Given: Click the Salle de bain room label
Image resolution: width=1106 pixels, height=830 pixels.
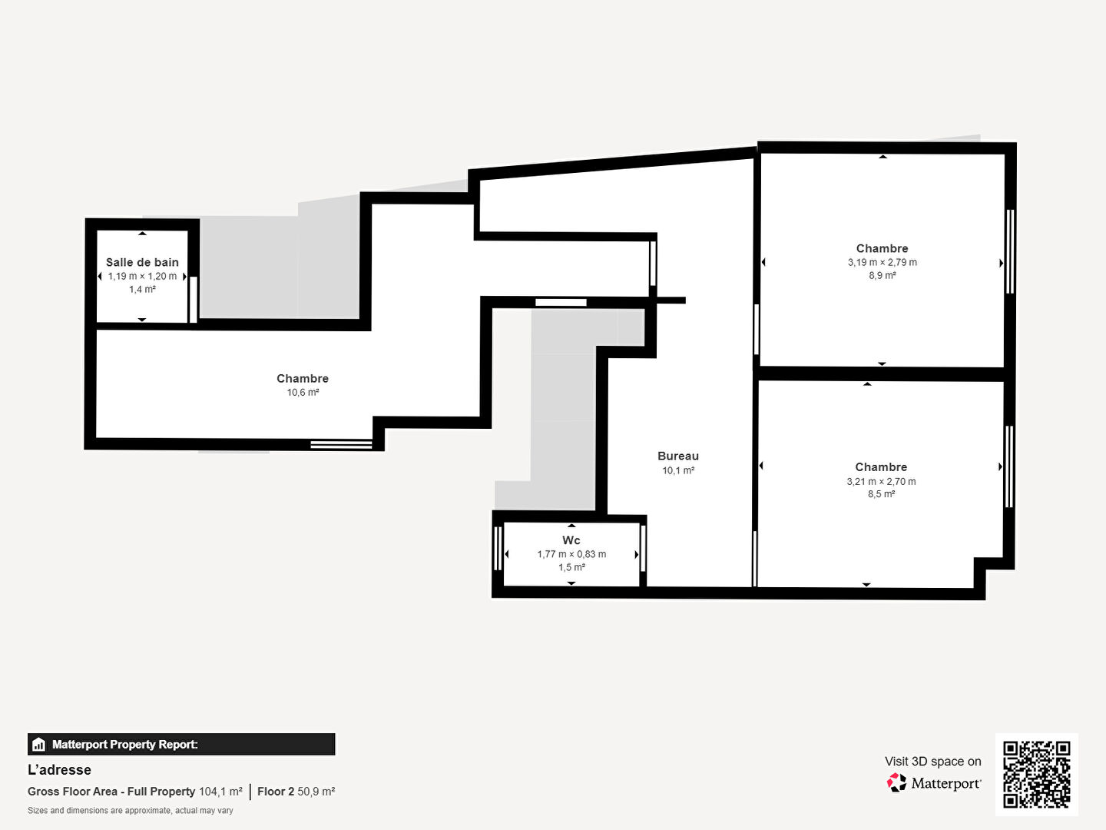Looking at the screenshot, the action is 142,262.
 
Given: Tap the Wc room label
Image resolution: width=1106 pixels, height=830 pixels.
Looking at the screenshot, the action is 571,540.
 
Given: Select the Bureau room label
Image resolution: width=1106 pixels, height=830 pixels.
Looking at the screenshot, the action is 678,456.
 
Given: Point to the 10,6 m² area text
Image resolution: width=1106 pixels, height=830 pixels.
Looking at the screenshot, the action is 303,393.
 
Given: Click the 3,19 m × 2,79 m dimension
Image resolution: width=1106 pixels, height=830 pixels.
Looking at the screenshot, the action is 882,263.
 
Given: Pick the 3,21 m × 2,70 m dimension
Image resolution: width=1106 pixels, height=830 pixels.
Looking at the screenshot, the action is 881,481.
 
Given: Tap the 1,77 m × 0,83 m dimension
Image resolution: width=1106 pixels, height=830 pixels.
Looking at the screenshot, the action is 571,554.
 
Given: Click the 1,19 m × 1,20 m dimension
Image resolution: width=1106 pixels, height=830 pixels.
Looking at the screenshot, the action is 142,276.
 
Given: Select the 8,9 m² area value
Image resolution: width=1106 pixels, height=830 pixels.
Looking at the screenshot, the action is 882,276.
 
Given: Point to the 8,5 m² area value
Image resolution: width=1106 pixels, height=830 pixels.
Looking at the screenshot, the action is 881,494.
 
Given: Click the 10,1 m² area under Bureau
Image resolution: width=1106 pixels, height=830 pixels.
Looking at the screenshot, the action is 678,470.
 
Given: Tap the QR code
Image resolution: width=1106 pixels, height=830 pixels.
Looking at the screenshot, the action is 1036,774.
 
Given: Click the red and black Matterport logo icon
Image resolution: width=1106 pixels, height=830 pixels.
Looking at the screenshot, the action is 896,782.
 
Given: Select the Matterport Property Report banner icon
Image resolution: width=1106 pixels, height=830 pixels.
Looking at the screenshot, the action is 38,745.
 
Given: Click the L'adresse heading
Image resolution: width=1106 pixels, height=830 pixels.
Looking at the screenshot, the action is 59,770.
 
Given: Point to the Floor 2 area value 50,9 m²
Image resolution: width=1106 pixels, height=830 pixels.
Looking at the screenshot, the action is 316,792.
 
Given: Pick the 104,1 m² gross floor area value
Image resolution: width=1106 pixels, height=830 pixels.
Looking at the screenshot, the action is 220,792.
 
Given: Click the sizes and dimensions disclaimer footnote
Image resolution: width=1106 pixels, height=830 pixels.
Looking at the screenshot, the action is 131,811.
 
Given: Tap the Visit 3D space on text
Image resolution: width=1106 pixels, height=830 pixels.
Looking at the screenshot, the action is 933,762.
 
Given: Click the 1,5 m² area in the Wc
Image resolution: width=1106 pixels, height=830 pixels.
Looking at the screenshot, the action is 571,567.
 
